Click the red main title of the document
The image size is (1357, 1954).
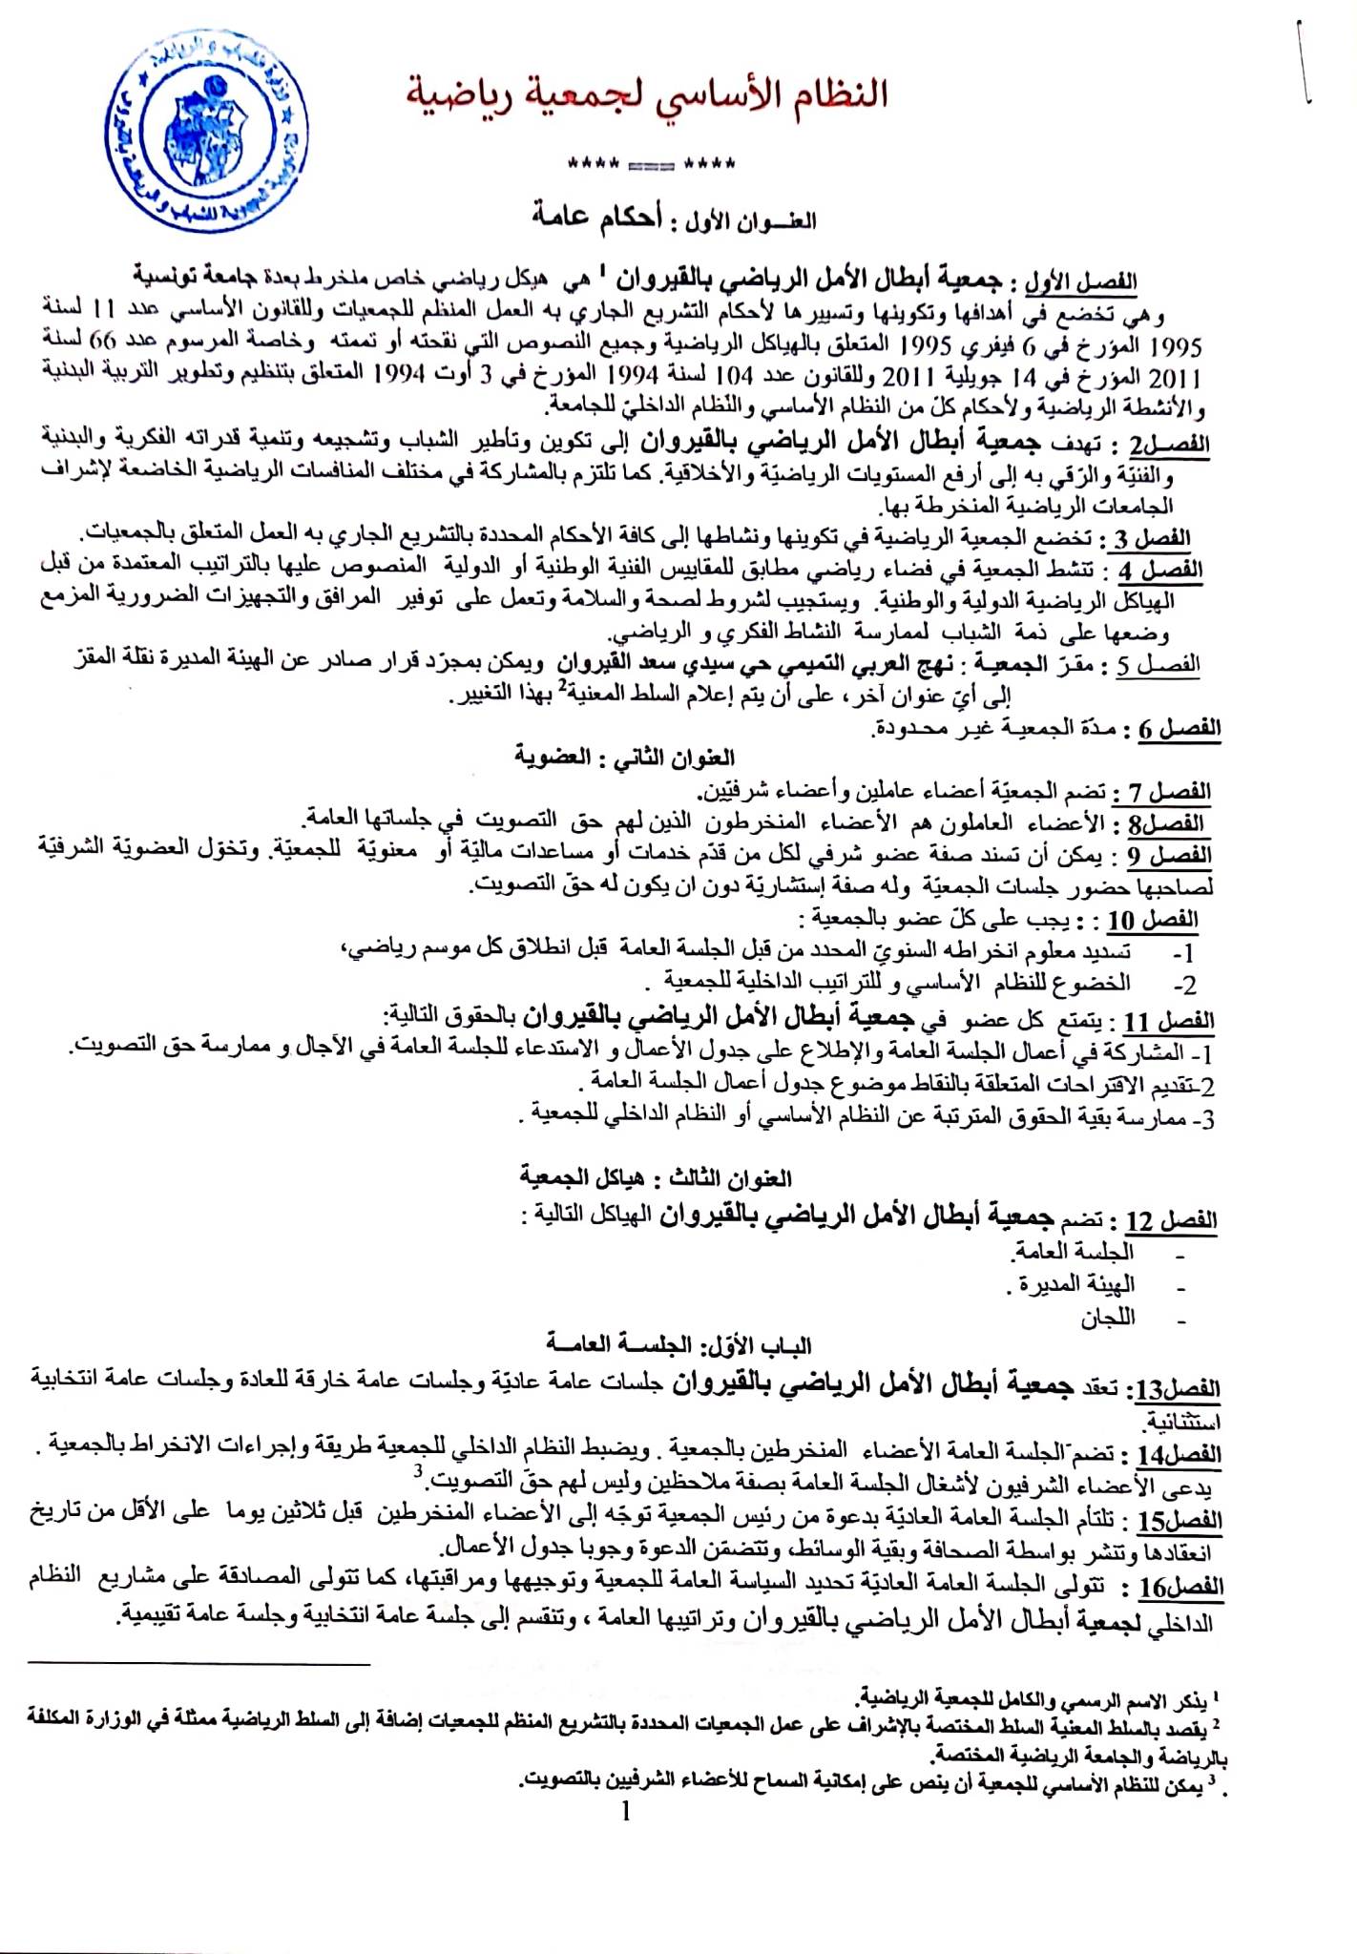click(648, 95)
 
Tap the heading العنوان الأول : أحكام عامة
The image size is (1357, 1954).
click(675, 218)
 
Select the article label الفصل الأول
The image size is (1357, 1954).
click(1081, 282)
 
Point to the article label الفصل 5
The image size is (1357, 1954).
click(1158, 665)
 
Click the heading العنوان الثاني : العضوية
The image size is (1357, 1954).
click(625, 759)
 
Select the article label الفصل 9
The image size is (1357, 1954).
click(1162, 856)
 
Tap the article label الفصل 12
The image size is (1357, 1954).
click(1168, 1221)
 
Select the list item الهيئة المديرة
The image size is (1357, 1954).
click(1073, 1284)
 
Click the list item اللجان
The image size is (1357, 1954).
click(1107, 1319)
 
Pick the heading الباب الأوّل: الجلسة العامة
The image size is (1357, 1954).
click(678, 1346)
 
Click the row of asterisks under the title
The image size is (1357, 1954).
click(651, 164)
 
